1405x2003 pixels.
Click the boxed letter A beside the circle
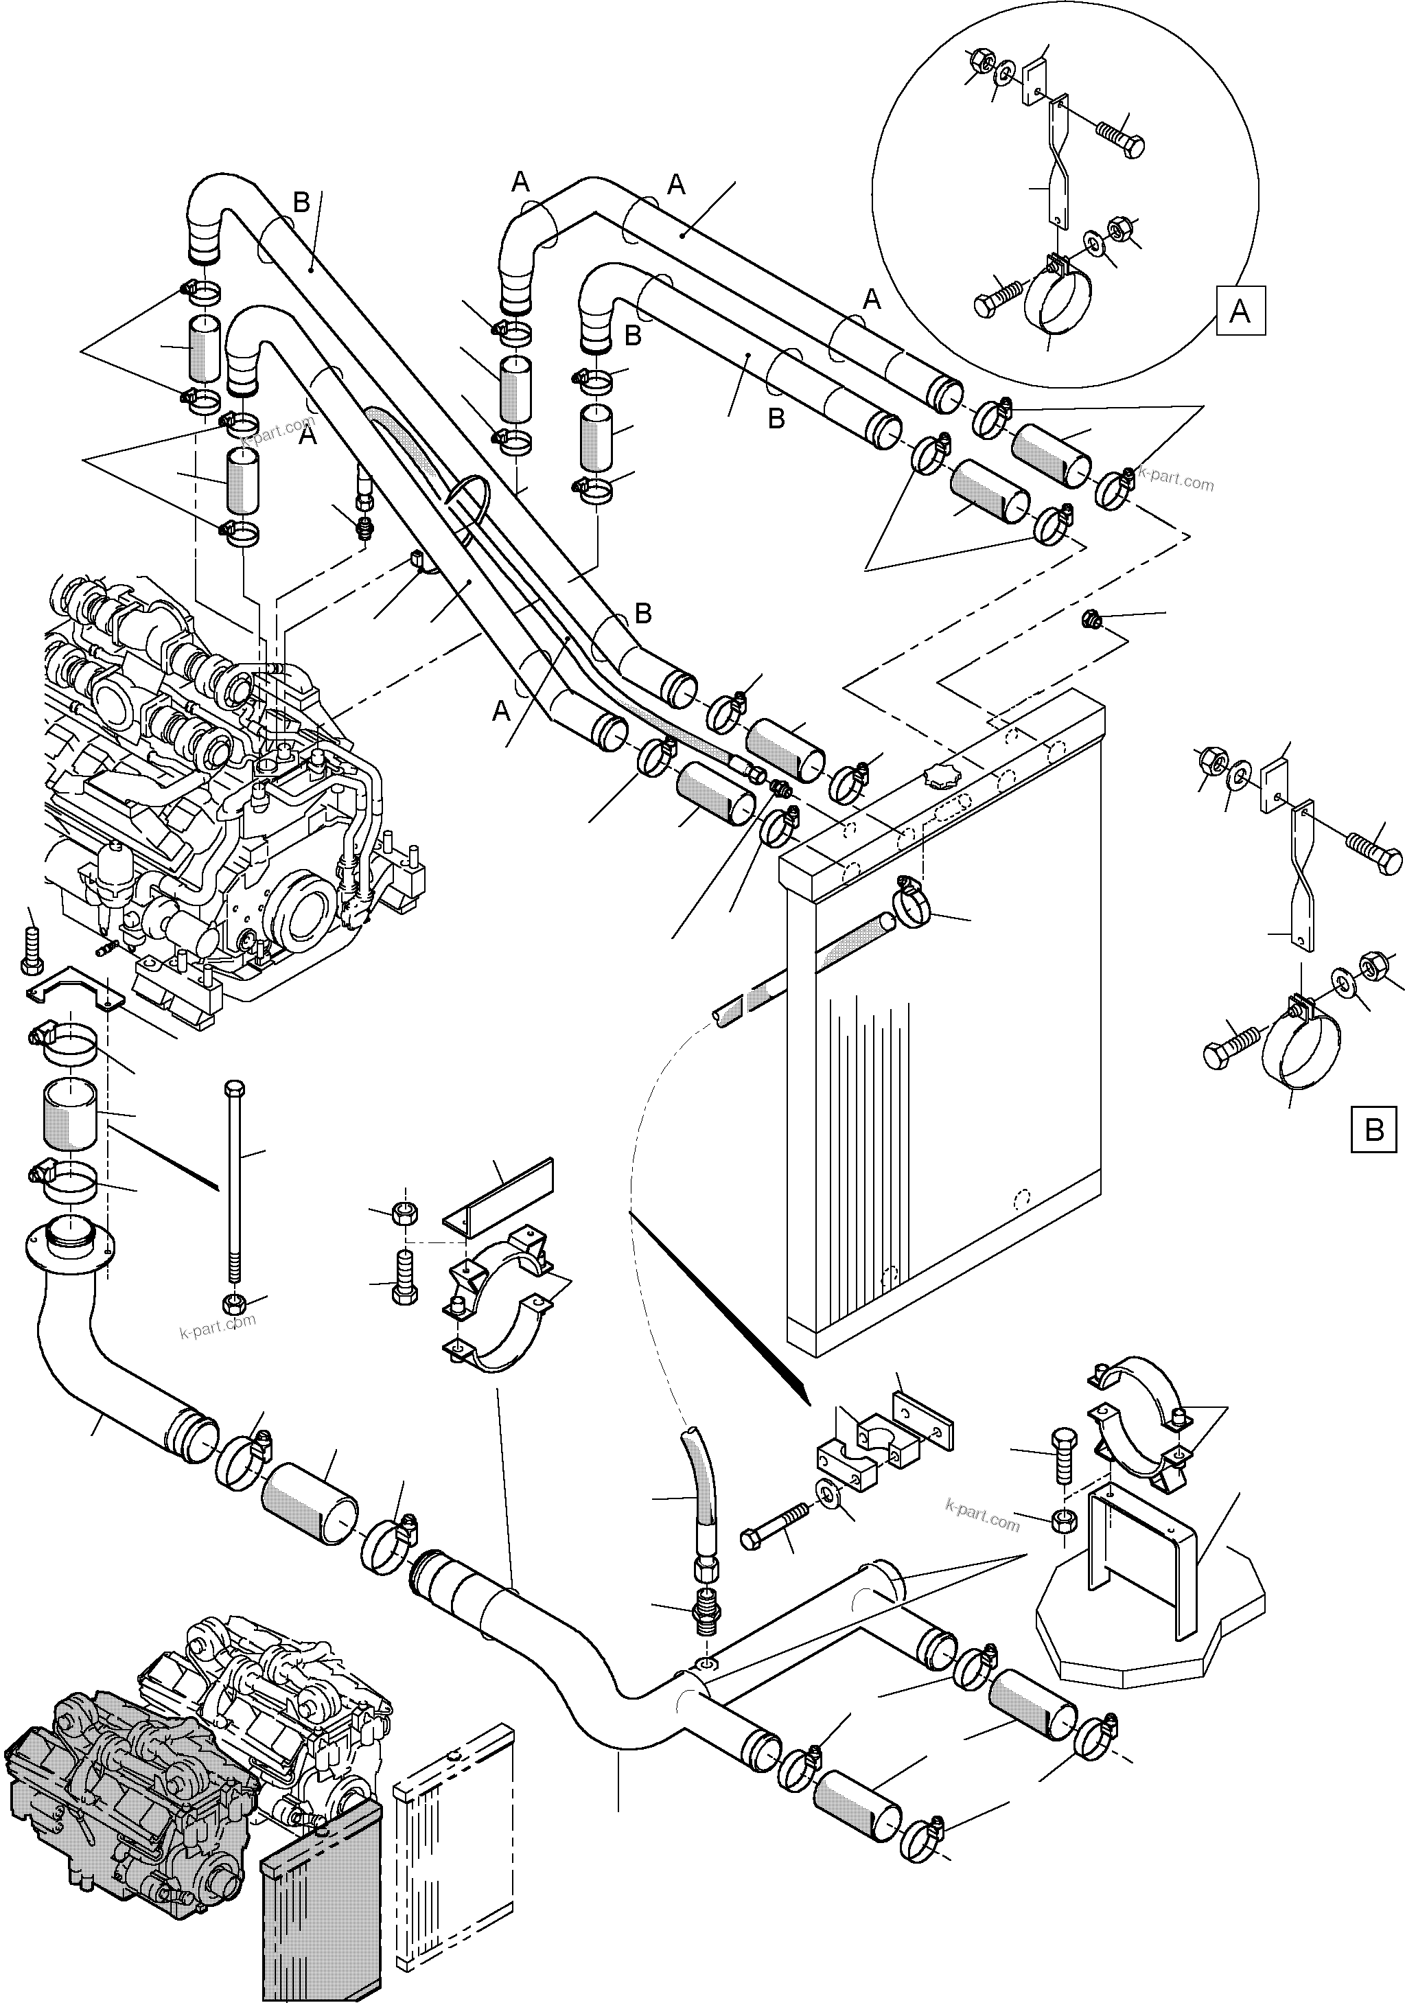coord(1240,310)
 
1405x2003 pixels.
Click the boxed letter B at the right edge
coord(1373,1130)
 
